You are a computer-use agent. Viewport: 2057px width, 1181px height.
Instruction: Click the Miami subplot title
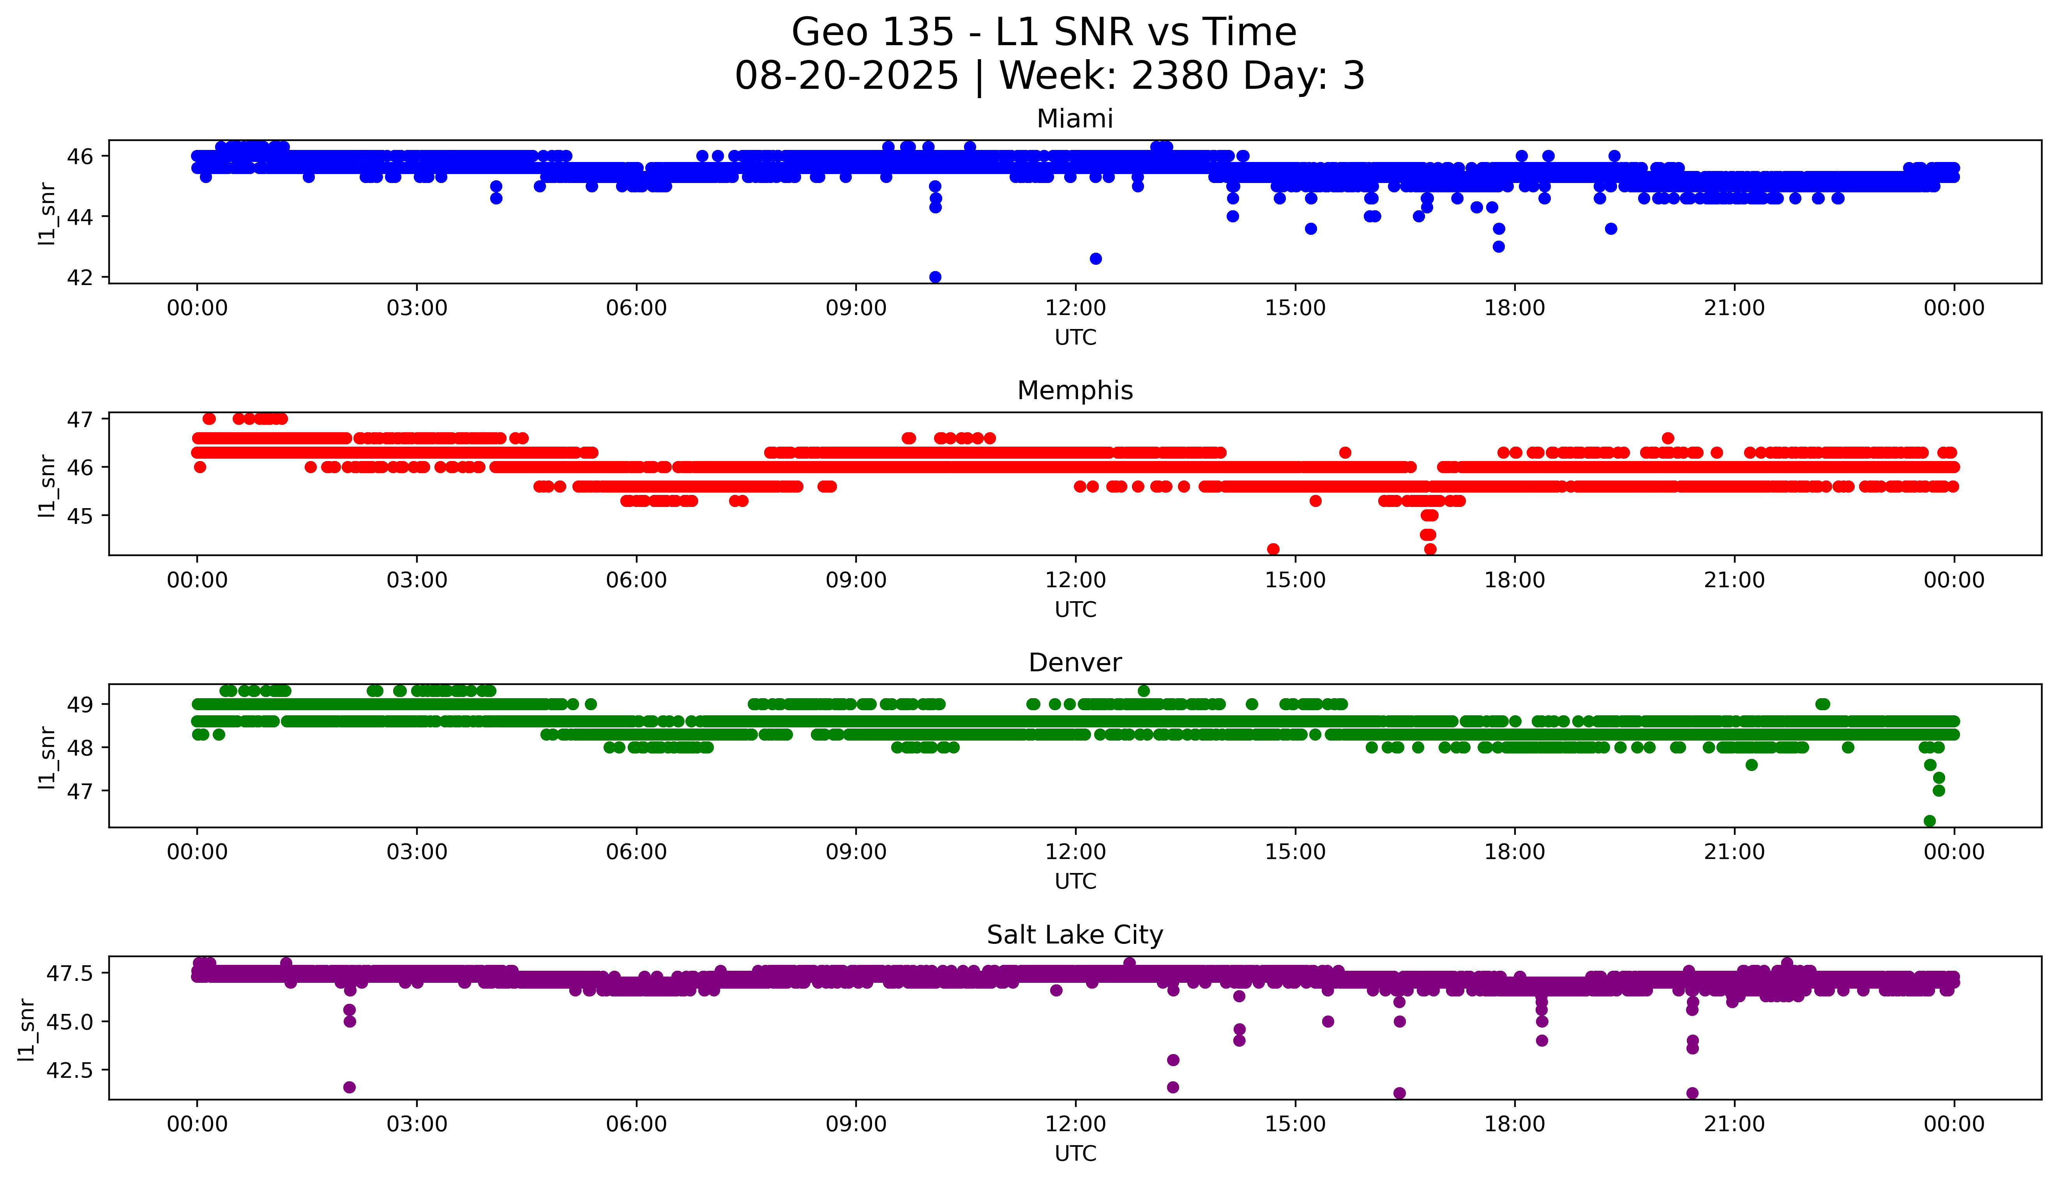point(1074,119)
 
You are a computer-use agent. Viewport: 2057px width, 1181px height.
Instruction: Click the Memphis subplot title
point(1074,391)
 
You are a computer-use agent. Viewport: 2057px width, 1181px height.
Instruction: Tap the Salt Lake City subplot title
point(1074,935)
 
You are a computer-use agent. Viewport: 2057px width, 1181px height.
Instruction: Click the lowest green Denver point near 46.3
point(1930,821)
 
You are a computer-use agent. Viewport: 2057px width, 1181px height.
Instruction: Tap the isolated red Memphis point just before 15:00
point(1273,549)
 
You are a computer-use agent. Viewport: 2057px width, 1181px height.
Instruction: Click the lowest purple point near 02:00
point(350,1087)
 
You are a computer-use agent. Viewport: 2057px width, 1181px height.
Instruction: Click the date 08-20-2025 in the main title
point(846,76)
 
